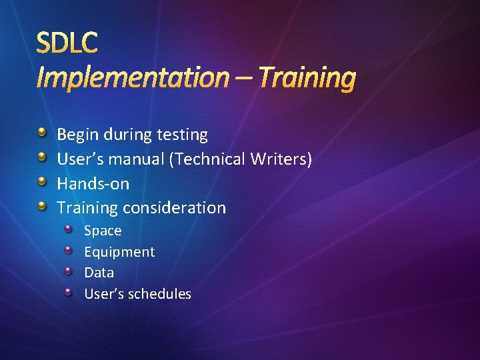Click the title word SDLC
(x=67, y=43)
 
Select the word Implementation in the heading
(x=132, y=78)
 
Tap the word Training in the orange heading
(x=307, y=78)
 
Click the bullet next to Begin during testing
(x=42, y=133)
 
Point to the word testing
(x=182, y=135)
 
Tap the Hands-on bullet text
(x=93, y=183)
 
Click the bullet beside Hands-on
(x=42, y=182)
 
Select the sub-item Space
(x=103, y=231)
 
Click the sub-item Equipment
(x=119, y=252)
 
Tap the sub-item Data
(x=99, y=273)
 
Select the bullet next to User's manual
(x=42, y=158)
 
